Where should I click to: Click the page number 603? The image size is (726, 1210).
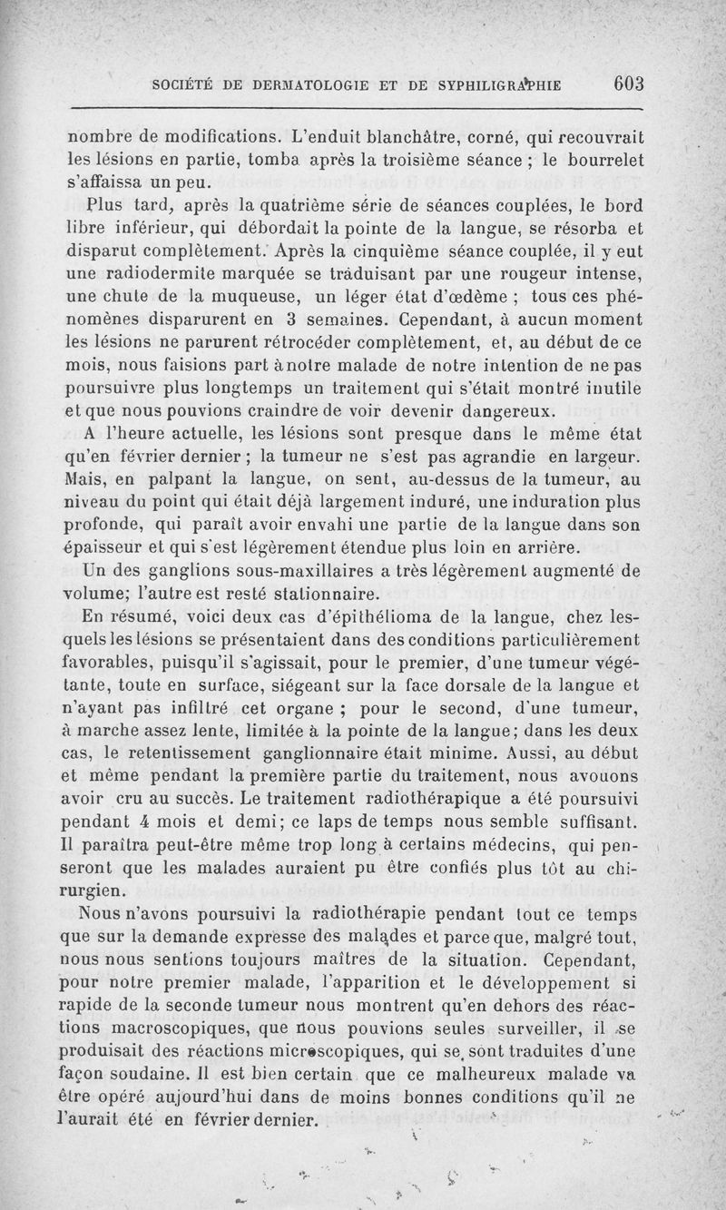(x=628, y=84)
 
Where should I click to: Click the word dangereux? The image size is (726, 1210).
(x=491, y=408)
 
